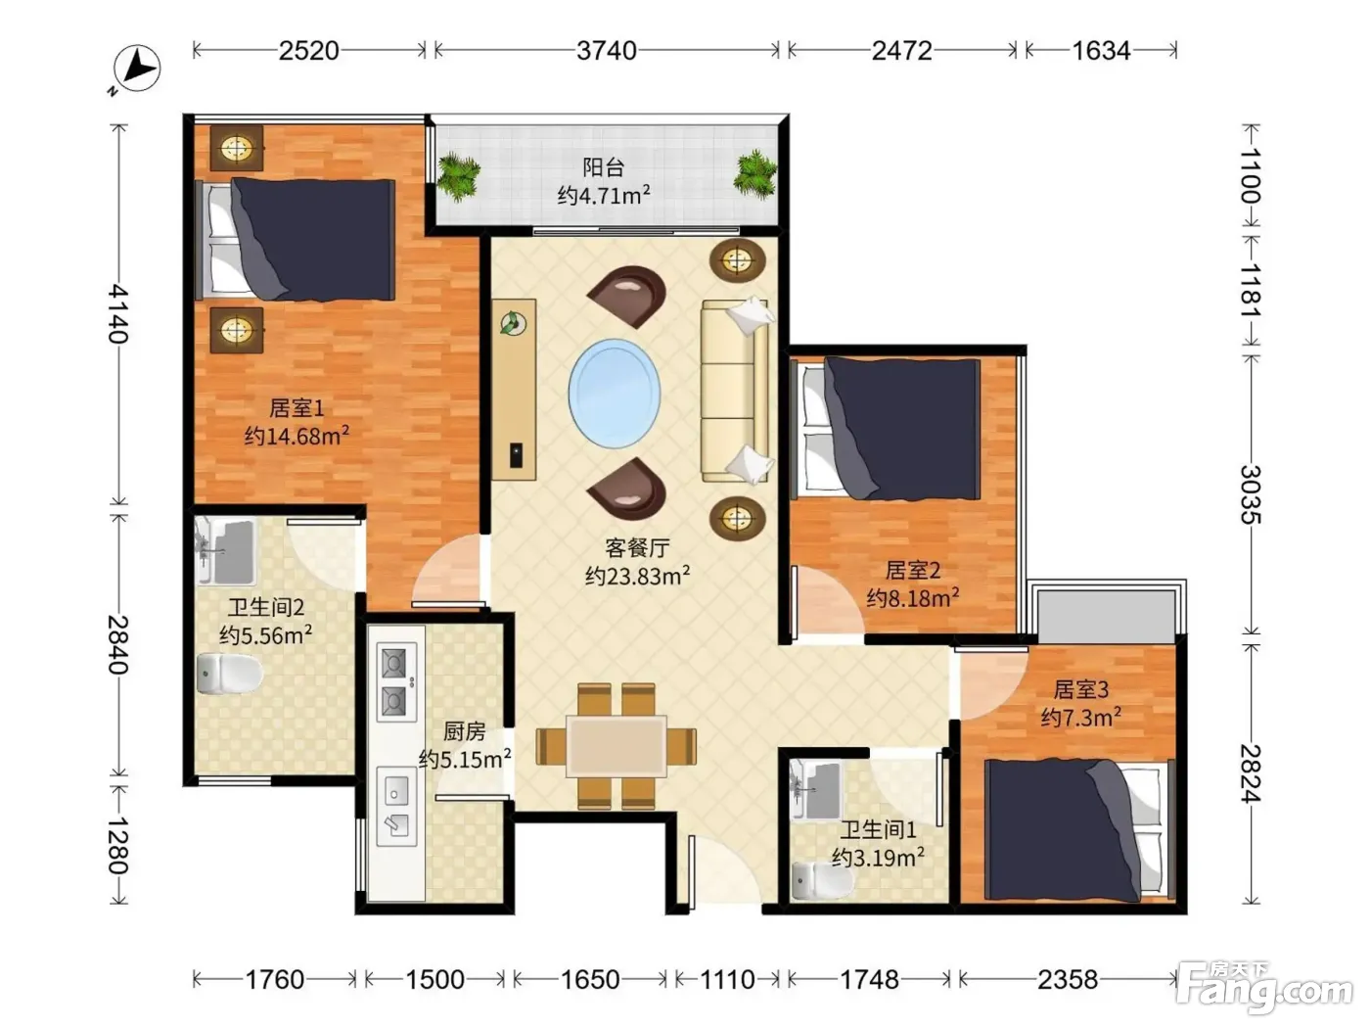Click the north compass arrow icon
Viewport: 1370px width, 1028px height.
coord(136,70)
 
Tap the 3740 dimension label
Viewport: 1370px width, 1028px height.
coord(607,51)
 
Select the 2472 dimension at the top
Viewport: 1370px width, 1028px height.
coord(902,51)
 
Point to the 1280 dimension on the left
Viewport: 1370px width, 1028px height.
coord(118,845)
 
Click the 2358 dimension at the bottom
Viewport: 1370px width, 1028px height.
coord(1068,979)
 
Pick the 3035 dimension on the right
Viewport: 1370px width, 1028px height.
coord(1251,495)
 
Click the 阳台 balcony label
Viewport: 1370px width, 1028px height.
coord(604,167)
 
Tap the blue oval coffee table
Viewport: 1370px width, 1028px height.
coord(615,394)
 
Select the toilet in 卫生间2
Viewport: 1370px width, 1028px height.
coord(229,674)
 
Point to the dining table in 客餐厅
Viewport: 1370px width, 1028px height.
coord(616,746)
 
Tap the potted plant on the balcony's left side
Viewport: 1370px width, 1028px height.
coord(459,177)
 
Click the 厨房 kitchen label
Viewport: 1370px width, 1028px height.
coord(464,731)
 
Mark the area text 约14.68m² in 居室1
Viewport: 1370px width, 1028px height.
coord(297,435)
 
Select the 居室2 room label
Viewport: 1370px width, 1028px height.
coord(912,570)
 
